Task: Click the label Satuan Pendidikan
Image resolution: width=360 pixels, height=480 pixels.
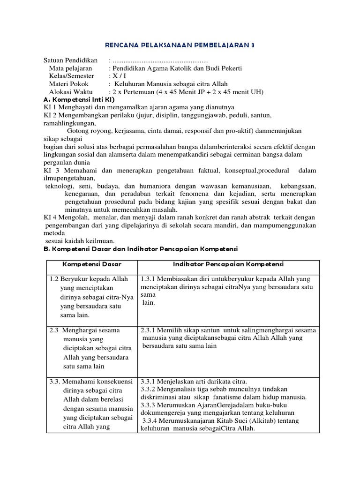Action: click(x=70, y=60)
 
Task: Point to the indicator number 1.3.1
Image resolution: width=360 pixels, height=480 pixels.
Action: click(x=149, y=279)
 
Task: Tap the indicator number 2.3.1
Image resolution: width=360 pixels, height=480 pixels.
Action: click(x=149, y=330)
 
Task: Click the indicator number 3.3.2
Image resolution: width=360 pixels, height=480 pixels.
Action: click(x=149, y=389)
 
